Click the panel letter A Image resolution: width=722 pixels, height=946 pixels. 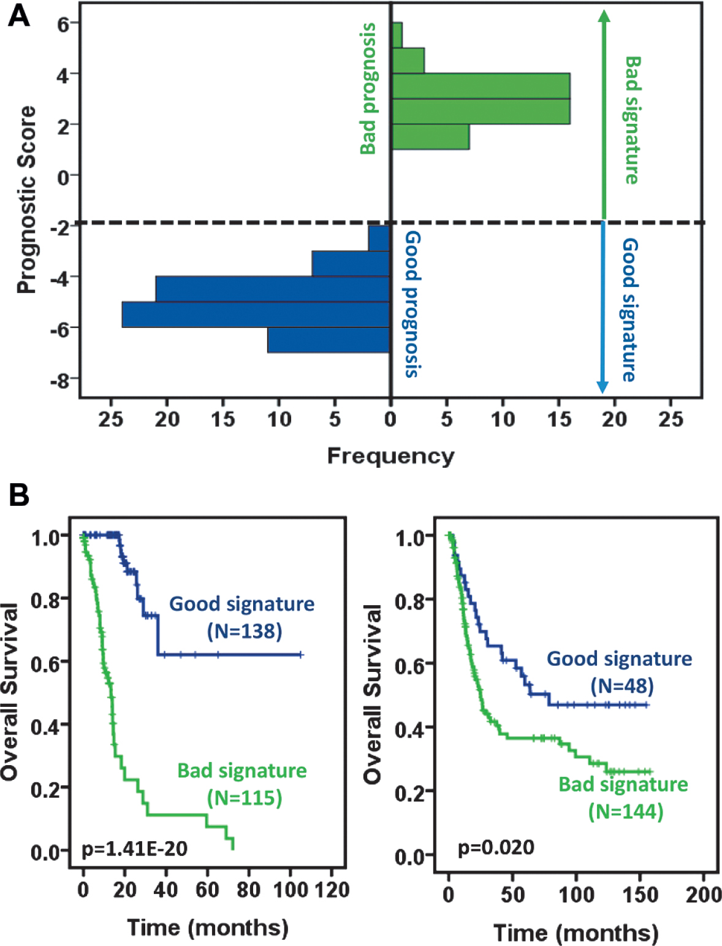coord(19,16)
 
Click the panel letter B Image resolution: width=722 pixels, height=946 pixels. coord(19,494)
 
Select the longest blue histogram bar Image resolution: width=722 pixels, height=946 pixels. coord(256,315)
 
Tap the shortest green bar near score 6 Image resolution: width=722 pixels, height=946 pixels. coord(397,35)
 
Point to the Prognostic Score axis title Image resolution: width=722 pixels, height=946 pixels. coord(26,199)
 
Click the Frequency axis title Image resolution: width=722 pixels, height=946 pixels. coord(390,456)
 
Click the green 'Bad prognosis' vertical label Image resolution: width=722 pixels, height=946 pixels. coord(368,89)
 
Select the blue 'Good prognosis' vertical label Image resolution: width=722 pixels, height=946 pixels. coord(413,304)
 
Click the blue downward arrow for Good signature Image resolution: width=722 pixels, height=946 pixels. coord(602,307)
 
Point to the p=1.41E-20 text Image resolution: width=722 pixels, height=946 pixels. coord(134,849)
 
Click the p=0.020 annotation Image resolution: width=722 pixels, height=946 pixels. coord(496,847)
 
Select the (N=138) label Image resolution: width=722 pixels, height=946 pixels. coord(245,631)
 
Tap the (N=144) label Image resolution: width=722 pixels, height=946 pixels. coord(626,811)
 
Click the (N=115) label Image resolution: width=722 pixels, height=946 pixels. coord(245,798)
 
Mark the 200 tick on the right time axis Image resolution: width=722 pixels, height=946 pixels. coord(704,895)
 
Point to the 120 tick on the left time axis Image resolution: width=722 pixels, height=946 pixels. coord(333,890)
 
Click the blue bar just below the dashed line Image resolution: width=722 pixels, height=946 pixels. coord(379,238)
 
